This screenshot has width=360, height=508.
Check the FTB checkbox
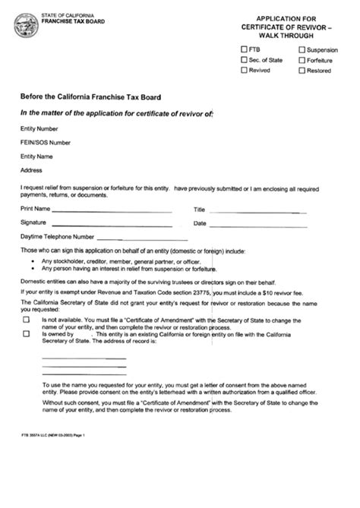[x=244, y=49]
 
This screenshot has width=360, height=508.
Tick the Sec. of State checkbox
[x=244, y=59]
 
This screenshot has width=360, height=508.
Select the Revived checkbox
[x=244, y=70]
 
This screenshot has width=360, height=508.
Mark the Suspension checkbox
[x=302, y=49]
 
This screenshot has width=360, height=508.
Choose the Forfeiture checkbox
[x=302, y=59]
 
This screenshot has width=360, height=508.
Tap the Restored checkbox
[x=302, y=70]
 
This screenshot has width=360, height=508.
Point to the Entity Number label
[x=39, y=129]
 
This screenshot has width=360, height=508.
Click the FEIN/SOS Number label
[x=46, y=142]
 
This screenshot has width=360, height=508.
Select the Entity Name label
[x=37, y=156]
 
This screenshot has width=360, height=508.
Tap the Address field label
[x=31, y=169]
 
